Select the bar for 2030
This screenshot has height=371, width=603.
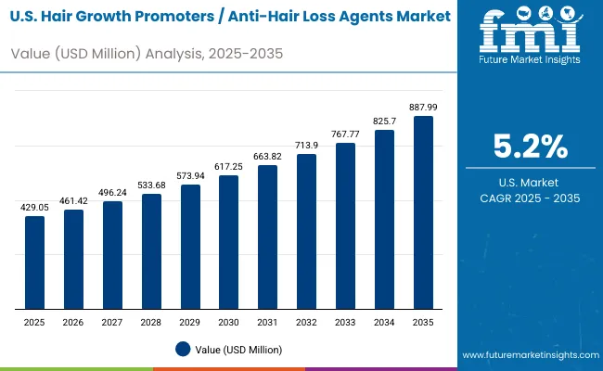228,242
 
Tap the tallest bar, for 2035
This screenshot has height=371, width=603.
423,212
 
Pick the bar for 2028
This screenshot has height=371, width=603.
151,251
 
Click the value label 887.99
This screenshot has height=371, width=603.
423,105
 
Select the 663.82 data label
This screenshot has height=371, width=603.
267,155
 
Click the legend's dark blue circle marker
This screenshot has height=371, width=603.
183,349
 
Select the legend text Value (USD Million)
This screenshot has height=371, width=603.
238,349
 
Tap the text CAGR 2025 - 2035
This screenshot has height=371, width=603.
530,199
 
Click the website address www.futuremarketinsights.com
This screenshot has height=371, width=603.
529,355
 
